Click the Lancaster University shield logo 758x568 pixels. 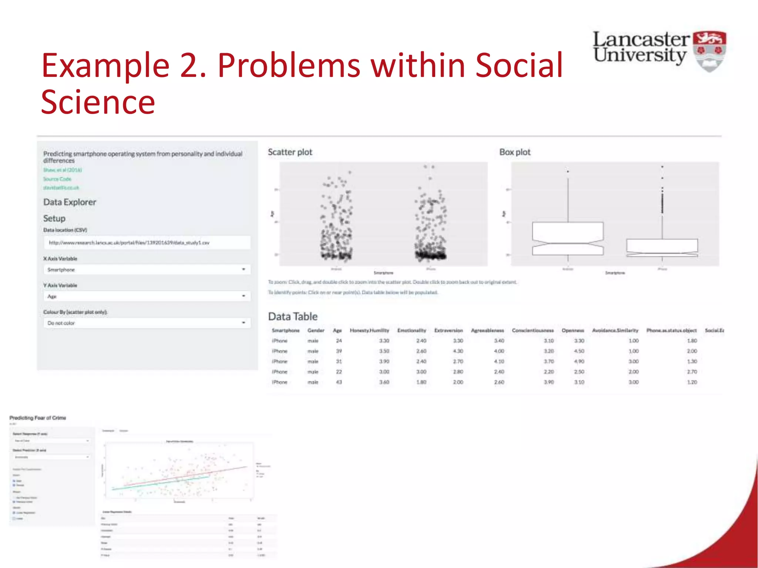pos(709,51)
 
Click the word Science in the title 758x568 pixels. pos(98,102)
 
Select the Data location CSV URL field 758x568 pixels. pos(147,243)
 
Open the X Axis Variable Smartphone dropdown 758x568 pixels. pos(147,270)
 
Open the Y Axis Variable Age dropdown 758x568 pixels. pos(147,296)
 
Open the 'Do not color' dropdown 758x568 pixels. pos(147,323)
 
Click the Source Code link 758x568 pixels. pos(57,179)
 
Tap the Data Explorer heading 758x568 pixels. pos(70,202)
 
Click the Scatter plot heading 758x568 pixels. pos(290,152)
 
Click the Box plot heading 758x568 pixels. pos(514,152)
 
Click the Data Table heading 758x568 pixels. pos(292,317)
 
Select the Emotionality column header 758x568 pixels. pos(412,330)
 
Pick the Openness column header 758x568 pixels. pos(573,330)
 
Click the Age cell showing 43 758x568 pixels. pos(339,382)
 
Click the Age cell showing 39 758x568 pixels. pos(339,351)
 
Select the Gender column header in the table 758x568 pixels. pos(316,330)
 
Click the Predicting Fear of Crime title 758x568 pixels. pos(38,418)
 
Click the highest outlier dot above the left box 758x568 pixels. pos(568,172)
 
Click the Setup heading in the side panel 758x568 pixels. pos(54,219)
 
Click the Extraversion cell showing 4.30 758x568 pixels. pos(458,351)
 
